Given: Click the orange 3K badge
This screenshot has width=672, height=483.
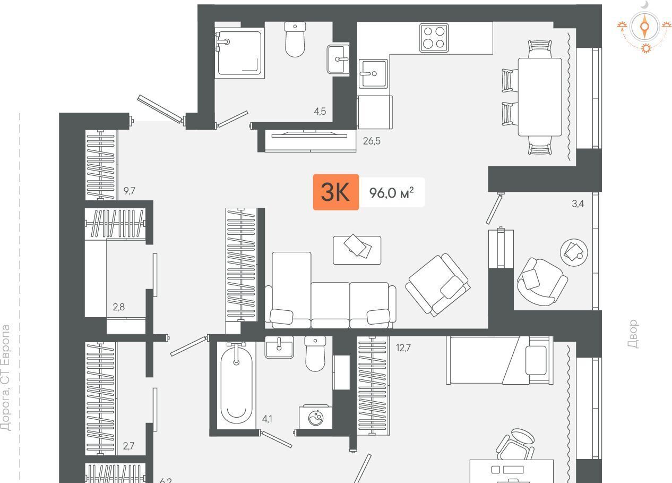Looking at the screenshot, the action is tap(335, 192).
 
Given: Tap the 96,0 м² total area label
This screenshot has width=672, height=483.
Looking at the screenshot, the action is tap(391, 192).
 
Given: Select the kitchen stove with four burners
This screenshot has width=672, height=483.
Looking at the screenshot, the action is tap(434, 38).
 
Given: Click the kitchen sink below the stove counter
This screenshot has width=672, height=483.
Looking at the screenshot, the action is tap(373, 73).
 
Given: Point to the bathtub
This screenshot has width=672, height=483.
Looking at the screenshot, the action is tap(236, 385).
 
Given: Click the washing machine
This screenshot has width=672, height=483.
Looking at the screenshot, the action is tap(315, 417).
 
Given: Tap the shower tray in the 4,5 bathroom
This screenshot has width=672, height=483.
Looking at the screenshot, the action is tap(239, 53).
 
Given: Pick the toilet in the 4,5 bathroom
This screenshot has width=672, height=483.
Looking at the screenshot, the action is tap(295, 39).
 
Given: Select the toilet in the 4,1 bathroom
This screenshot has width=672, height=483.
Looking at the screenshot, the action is tap(315, 353).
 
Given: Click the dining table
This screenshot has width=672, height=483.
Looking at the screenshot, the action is tap(540, 97).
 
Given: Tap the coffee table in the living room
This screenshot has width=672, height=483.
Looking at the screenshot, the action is tap(357, 250).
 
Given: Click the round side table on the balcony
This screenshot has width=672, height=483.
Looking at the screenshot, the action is tap(574, 252).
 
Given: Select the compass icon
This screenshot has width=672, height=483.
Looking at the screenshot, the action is tap(644, 27).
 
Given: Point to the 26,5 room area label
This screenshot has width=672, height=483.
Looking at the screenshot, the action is tap(372, 141).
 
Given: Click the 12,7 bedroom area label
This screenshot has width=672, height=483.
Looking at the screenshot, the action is tap(403, 348).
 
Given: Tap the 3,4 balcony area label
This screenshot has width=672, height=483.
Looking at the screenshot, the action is tap(578, 204).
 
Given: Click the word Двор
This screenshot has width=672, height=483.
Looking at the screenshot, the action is tap(633, 334).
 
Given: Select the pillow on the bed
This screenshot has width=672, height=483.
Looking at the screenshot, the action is tap(536, 360).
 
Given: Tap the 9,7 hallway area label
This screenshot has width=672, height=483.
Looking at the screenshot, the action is tap(130, 190).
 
